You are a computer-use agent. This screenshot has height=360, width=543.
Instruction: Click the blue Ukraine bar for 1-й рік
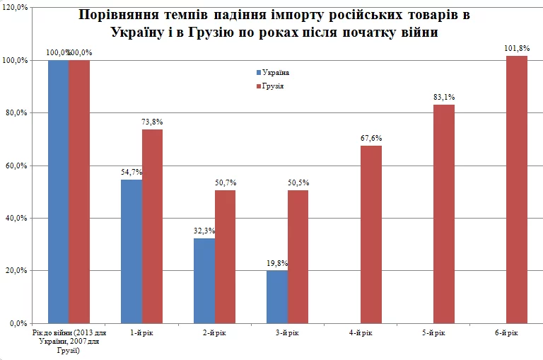pos(131,251)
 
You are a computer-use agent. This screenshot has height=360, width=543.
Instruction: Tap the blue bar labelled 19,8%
pos(277,296)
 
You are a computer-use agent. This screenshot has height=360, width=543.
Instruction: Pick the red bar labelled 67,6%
pos(371,234)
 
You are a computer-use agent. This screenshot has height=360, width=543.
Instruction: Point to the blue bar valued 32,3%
pos(204,280)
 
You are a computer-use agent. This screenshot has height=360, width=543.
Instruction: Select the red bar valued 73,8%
pos(152,226)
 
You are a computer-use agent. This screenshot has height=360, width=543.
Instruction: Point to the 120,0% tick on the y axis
pos(15,8)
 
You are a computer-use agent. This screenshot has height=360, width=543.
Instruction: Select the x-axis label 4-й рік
pos(361,333)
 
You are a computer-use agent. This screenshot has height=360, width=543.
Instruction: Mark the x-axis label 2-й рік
pos(215,333)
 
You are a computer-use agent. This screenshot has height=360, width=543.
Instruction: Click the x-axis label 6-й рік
pos(506,333)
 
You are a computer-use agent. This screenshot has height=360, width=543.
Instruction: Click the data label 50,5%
pos(298,182)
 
